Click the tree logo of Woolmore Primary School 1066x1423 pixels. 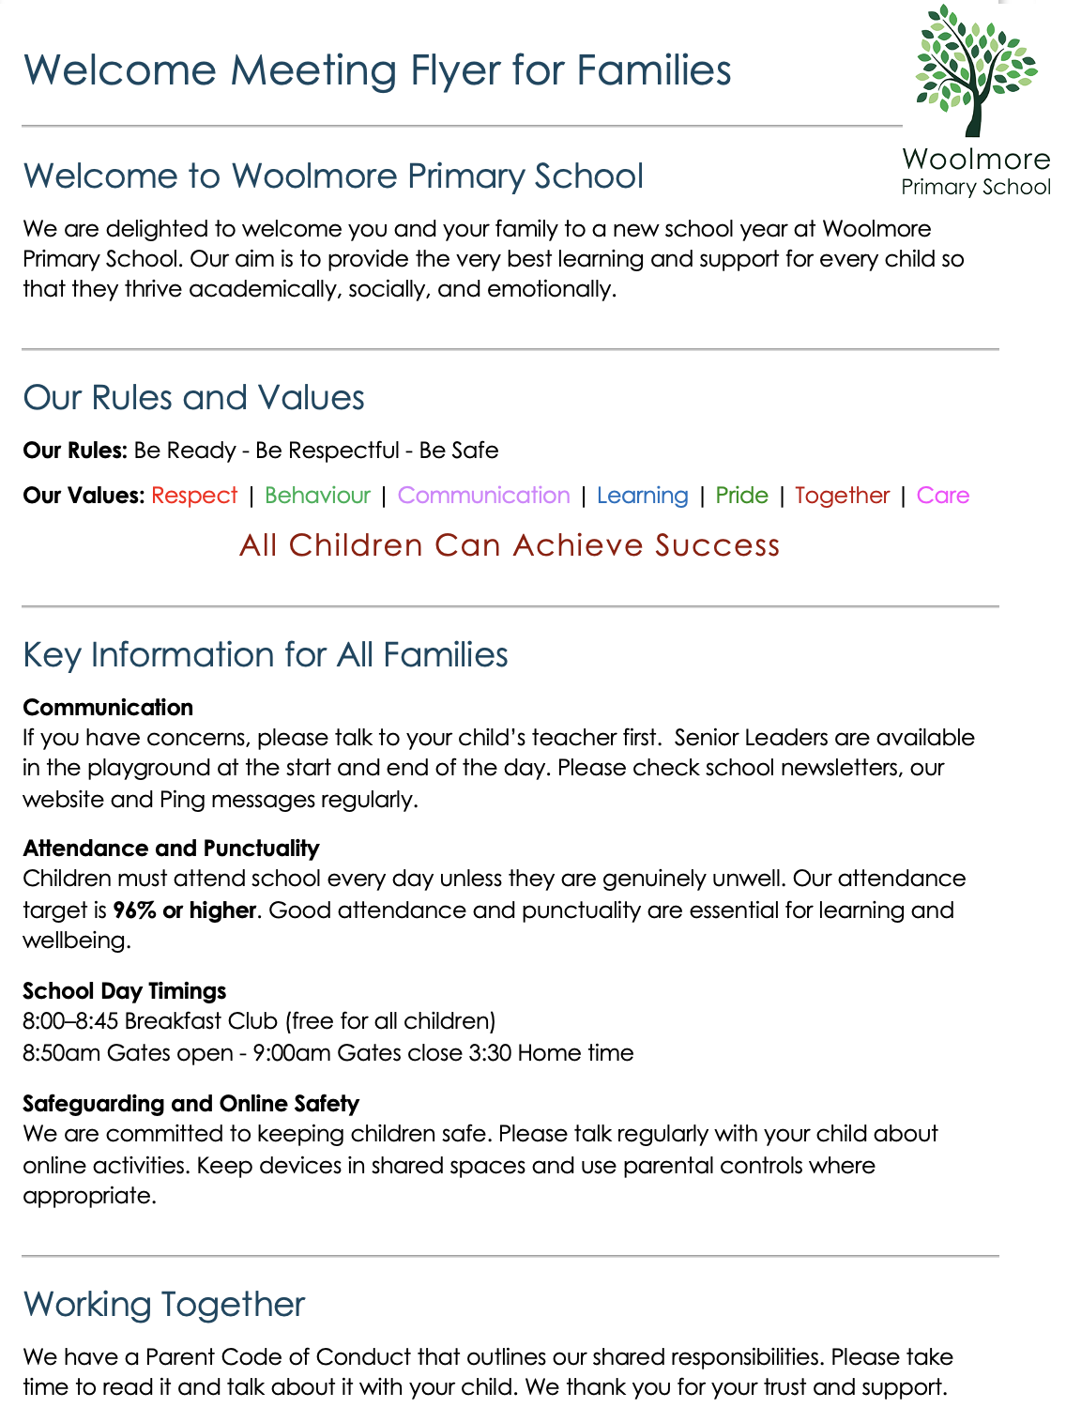coord(975,70)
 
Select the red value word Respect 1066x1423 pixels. coord(194,496)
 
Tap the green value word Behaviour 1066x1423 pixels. coord(317,496)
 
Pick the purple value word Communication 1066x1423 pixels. coord(483,496)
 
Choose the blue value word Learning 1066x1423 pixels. coord(642,496)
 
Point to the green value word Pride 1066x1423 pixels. coord(741,496)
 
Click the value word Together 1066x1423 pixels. coord(842,496)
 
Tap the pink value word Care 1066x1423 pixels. coord(942,496)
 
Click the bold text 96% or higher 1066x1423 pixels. coord(184,910)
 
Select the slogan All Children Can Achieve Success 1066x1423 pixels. coord(510,545)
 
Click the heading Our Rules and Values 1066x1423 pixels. coord(193,398)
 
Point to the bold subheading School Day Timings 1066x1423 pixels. coord(124,991)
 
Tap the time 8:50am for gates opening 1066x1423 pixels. coord(61,1053)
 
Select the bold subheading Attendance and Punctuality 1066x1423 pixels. coord(171,849)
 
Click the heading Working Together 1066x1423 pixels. coord(164,1305)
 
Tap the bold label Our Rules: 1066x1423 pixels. coord(74,451)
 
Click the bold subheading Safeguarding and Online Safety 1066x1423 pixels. coord(190,1104)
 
